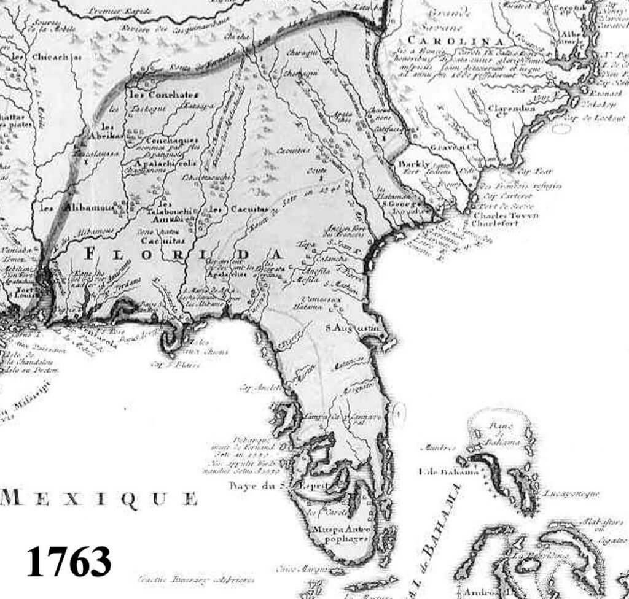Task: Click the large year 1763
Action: tap(69, 560)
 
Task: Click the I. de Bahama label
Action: tap(439, 471)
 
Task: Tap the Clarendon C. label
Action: tap(512, 108)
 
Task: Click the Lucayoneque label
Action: tap(571, 493)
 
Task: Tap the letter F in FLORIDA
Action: tap(90, 253)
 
